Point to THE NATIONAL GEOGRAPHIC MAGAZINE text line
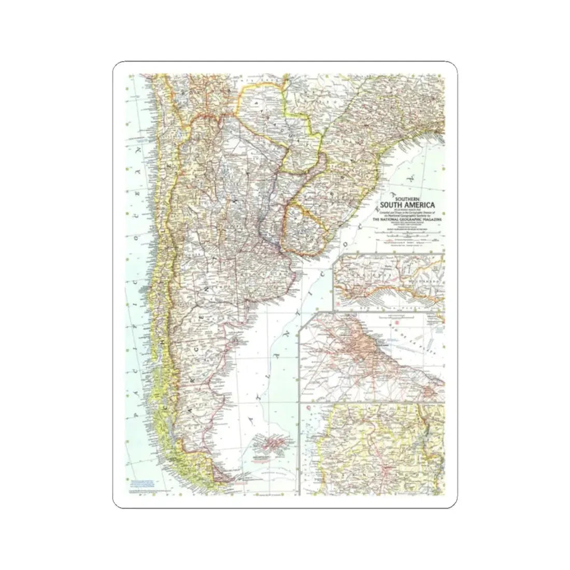408,220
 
